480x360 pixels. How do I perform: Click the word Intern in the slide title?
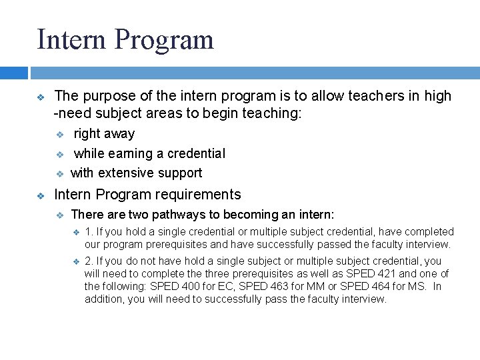click(x=71, y=39)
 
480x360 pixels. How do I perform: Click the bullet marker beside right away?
click(x=59, y=134)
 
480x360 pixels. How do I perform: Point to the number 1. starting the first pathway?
click(x=90, y=232)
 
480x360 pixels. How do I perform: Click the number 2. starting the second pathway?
click(x=90, y=261)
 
